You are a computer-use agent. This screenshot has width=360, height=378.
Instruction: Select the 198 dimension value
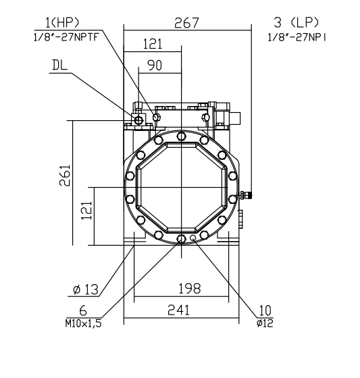pyautogui.click(x=188, y=289)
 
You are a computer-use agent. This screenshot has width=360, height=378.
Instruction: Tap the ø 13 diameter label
pyautogui.click(x=85, y=290)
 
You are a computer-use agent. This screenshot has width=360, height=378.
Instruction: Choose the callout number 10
pyautogui.click(x=264, y=311)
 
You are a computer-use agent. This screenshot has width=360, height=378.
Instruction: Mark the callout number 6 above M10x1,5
pyautogui.click(x=83, y=311)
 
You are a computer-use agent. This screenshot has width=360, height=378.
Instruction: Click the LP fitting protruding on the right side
pyautogui.click(x=247, y=196)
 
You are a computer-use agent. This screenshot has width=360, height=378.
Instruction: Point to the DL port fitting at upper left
pyautogui.click(x=139, y=120)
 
